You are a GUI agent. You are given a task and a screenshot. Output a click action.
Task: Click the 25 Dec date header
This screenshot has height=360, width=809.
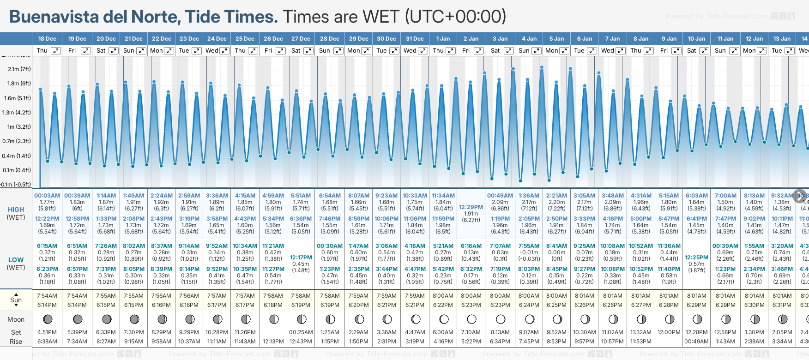[x=245, y=39]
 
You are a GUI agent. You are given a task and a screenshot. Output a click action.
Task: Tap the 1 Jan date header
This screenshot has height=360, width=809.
[x=443, y=39]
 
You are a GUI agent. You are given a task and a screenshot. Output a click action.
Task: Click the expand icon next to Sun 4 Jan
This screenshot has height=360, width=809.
[x=537, y=51]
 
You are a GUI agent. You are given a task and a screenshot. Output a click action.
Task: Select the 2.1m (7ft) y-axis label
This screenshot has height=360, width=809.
[x=19, y=69]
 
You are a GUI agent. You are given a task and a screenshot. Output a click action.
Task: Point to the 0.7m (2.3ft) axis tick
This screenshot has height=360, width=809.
[x=16, y=141]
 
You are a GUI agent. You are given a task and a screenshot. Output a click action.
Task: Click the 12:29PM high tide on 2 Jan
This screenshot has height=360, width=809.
[x=471, y=207]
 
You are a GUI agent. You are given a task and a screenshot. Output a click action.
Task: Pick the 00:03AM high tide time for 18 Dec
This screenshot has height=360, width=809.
[x=47, y=196]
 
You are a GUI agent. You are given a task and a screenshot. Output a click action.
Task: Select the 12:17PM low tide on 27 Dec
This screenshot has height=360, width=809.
[x=301, y=258]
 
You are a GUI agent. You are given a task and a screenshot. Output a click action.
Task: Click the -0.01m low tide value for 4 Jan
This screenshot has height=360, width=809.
[x=529, y=252]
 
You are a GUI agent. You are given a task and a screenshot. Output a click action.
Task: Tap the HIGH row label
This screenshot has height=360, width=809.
[x=16, y=210]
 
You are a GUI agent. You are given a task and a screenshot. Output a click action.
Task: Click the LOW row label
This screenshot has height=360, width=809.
[x=16, y=260]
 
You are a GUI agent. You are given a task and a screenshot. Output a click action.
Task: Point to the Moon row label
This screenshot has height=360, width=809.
[x=16, y=319]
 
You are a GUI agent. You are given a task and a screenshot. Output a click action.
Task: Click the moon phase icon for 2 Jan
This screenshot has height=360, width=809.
[x=471, y=319]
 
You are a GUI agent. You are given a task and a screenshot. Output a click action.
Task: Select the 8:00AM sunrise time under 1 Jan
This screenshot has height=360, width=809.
[x=443, y=296]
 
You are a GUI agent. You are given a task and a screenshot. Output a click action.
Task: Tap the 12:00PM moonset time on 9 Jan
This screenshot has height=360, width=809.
[x=669, y=332]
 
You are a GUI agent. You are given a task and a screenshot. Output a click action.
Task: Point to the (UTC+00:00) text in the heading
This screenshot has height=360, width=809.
[x=455, y=17]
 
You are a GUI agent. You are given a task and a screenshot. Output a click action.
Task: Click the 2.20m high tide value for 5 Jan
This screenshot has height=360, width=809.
[x=556, y=202]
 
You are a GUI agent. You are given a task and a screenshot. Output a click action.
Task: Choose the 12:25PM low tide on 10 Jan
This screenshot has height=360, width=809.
[x=696, y=258]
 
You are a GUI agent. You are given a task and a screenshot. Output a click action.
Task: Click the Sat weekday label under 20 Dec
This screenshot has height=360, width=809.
[x=101, y=51]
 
